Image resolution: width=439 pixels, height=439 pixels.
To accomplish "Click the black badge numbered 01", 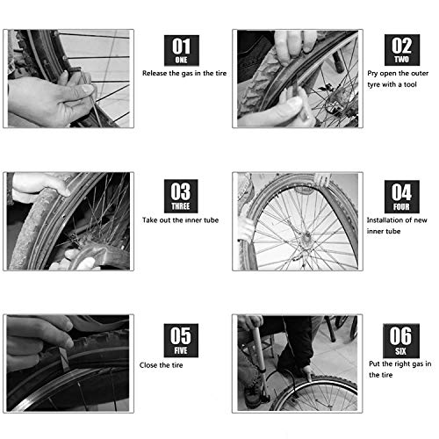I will pyautogui.click(x=183, y=49).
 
